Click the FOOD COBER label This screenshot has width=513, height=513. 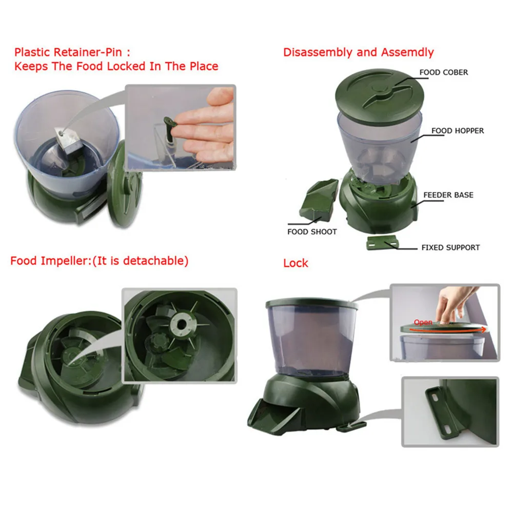(x=443, y=72)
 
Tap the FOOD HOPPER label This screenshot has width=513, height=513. (x=458, y=131)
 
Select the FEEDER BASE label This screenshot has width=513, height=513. (x=448, y=195)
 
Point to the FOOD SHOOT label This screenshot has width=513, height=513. (x=312, y=232)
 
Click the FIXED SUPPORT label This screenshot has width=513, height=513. (x=450, y=248)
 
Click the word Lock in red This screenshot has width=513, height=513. (x=295, y=263)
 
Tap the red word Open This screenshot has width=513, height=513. (x=423, y=323)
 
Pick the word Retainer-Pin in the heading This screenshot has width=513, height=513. (x=88, y=52)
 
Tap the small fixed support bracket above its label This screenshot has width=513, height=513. (x=382, y=243)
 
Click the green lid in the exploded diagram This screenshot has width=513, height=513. (x=380, y=93)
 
